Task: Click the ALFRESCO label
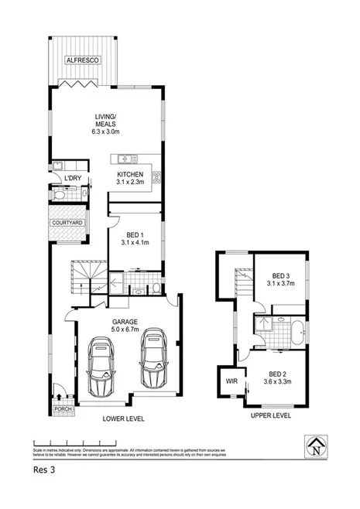pos(84,60)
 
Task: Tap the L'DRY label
pos(74,179)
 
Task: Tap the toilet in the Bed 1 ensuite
pos(156,289)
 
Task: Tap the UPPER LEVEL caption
pos(270,416)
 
